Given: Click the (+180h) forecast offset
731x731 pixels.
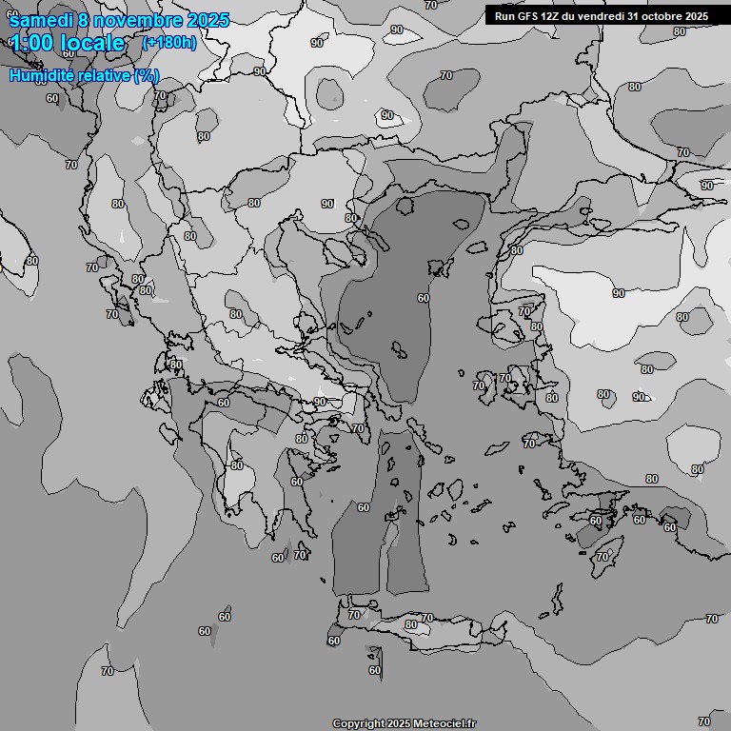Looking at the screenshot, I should [x=168, y=43].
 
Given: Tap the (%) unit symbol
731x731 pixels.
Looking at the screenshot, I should [x=147, y=75].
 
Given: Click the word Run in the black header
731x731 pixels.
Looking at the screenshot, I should [x=505, y=16].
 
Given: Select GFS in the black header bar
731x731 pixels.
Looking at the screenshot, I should [x=528, y=16].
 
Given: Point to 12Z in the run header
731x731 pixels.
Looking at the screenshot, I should [x=551, y=16].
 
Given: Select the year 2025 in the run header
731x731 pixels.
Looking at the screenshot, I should [x=698, y=16].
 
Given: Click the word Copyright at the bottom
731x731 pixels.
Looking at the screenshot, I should [x=358, y=724].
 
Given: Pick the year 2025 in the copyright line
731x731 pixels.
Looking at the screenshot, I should [x=400, y=724].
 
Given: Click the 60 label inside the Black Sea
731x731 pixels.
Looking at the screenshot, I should [x=423, y=298].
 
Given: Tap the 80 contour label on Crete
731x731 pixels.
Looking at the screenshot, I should [x=410, y=625].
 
